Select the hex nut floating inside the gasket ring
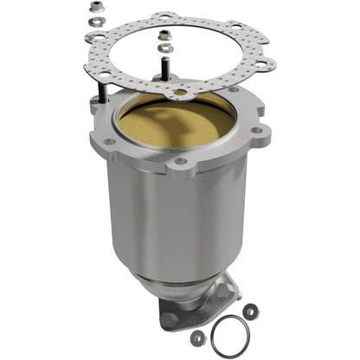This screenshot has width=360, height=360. point(164,35)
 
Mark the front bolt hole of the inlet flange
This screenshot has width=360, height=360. point(180,161)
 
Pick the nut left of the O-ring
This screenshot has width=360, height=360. point(197,335)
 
